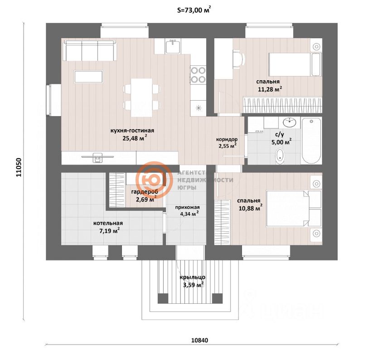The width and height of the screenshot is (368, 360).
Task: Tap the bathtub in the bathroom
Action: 311,141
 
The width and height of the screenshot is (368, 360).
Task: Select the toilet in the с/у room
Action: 281,155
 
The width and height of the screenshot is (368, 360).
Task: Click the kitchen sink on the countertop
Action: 172,46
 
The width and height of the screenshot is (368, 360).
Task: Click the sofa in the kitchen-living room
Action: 89,50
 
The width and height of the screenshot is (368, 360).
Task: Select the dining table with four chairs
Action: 141,95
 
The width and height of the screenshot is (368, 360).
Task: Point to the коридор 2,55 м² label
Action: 227,143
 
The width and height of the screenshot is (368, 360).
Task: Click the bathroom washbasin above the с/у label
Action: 289,122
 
